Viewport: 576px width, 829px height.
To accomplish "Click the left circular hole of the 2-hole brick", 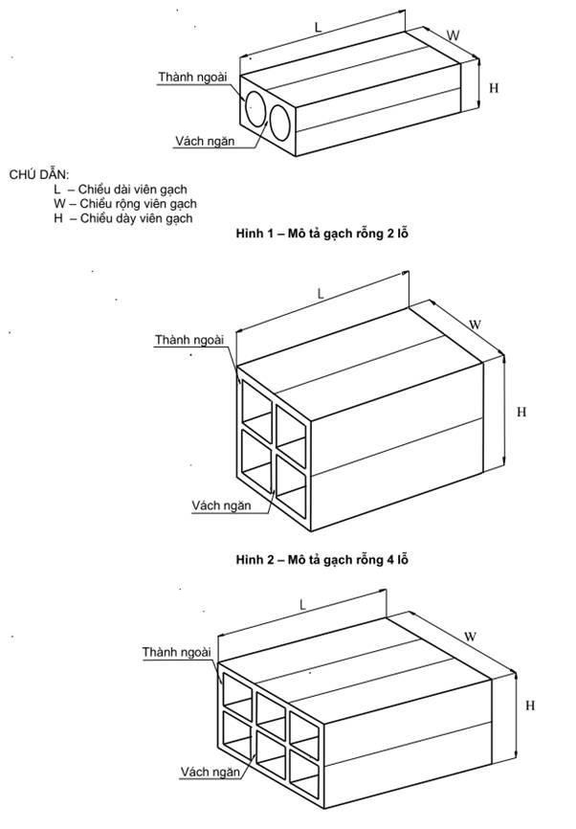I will (x=255, y=108).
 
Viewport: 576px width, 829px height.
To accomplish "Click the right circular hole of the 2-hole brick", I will (x=281, y=122).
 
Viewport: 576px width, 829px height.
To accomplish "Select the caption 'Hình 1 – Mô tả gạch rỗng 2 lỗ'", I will (x=316, y=233).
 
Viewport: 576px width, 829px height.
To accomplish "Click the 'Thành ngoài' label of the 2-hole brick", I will (x=192, y=76).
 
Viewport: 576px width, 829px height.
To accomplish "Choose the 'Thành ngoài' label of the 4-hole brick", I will (x=189, y=340).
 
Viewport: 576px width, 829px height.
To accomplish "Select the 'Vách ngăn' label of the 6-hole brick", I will (x=210, y=770).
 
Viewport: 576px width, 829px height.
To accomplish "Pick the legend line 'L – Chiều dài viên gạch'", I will (x=121, y=190).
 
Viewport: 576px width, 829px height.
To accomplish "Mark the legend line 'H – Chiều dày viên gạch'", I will (x=123, y=218).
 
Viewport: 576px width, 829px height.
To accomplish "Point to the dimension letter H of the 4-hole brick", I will (x=521, y=412).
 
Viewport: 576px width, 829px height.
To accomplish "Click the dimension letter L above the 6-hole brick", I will (x=302, y=605).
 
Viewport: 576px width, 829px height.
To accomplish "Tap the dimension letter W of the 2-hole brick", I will (x=454, y=36).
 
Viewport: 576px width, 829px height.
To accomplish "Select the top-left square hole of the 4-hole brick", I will (x=256, y=401).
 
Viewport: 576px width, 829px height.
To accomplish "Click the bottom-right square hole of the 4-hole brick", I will (x=291, y=473).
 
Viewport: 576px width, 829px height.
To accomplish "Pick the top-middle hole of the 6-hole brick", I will (x=271, y=706).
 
